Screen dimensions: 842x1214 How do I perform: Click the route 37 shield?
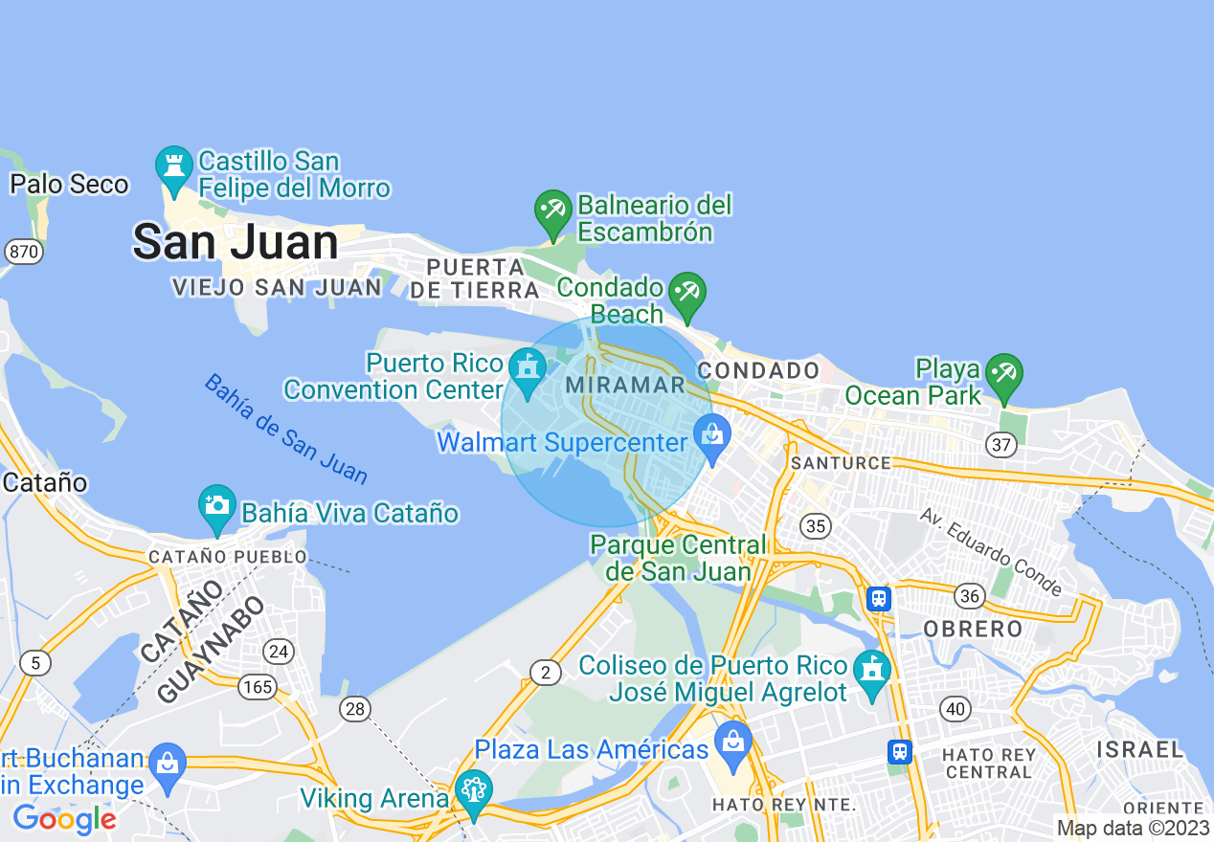[1001, 443]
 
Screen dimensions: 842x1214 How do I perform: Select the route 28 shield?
[355, 708]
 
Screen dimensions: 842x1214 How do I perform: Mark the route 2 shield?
[545, 673]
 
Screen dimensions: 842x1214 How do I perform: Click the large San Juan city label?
[236, 242]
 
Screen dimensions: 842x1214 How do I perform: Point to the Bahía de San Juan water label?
[285, 428]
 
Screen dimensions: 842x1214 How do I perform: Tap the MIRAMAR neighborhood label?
[626, 385]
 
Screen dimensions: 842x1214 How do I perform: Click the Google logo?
[64, 819]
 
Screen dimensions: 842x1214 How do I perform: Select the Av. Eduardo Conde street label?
[991, 550]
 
